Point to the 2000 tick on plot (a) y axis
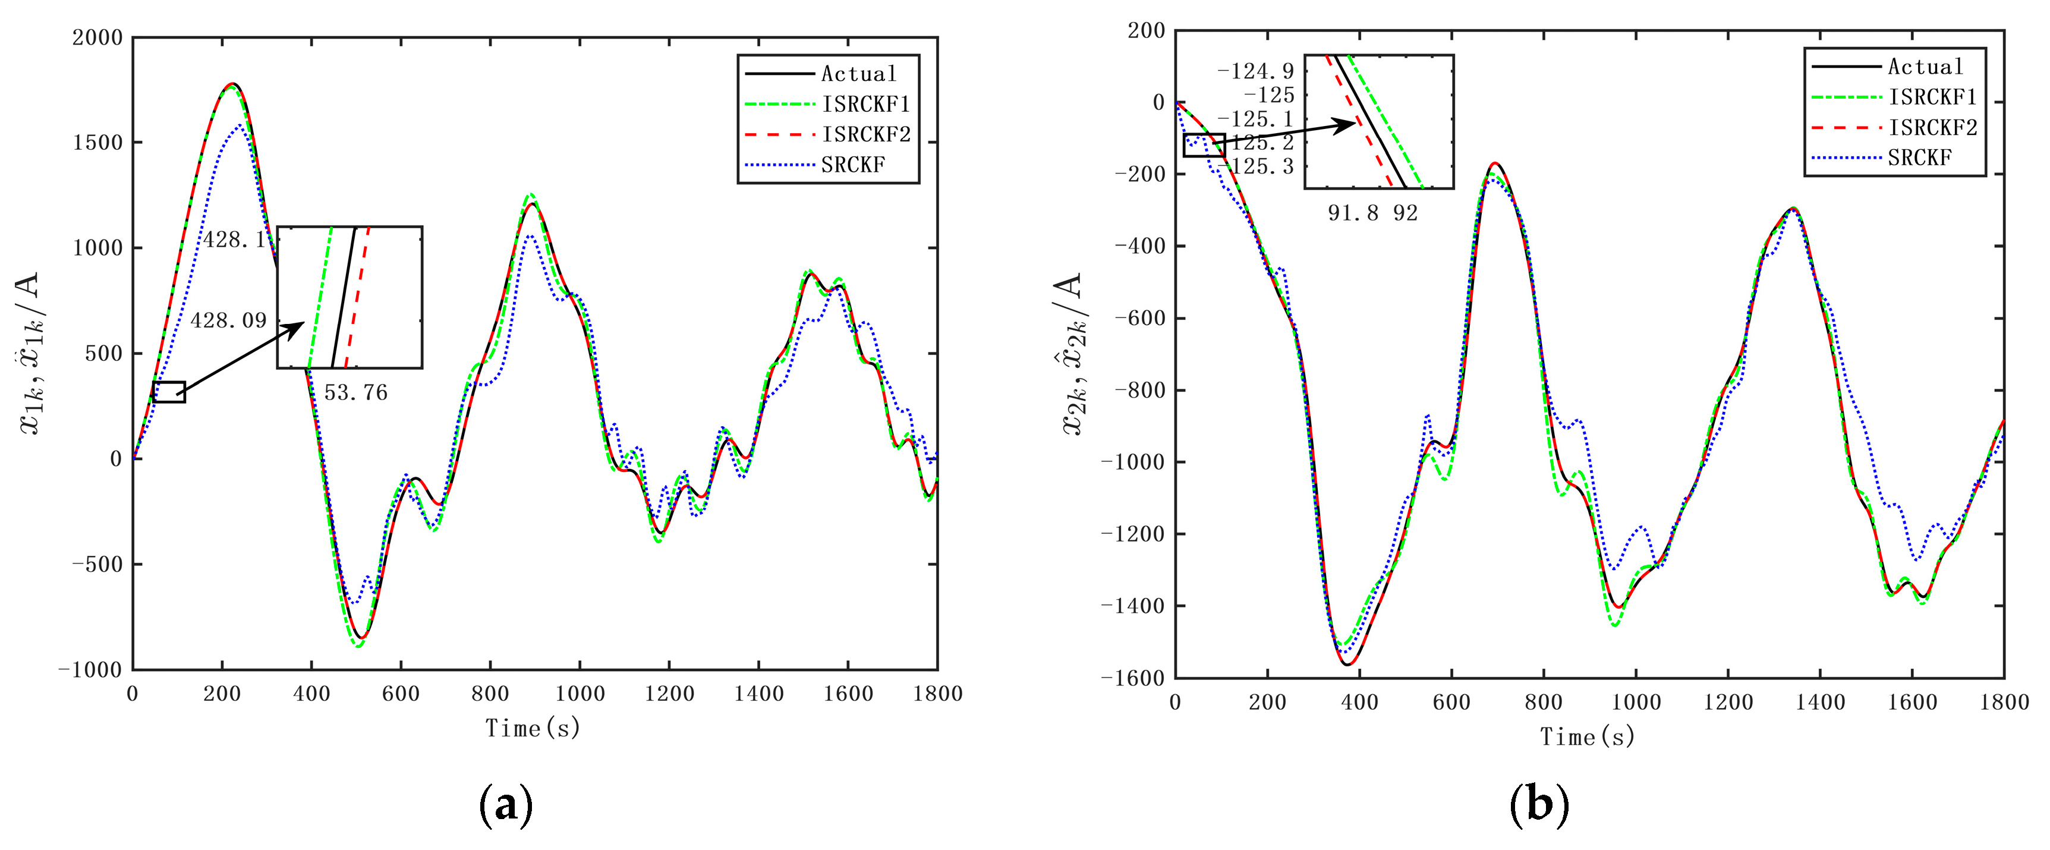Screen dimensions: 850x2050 point(97,37)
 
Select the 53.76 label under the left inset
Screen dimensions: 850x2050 point(355,392)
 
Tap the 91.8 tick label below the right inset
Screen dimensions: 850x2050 point(1353,213)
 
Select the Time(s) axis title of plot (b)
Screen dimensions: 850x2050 point(1587,736)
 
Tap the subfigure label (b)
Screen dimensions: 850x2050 point(1538,805)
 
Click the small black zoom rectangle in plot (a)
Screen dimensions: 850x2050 point(169,392)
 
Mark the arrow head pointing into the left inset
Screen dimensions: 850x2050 point(298,326)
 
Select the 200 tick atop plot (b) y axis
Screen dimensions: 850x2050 point(1146,31)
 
